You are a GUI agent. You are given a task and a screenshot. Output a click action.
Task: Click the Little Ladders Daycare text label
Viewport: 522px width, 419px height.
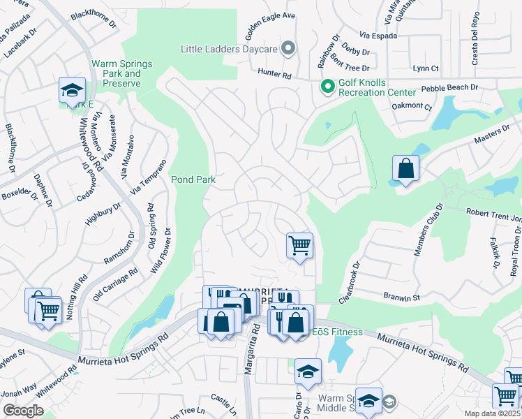pos(230,49)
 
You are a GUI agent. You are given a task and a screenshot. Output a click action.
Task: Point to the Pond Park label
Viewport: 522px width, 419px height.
pos(193,179)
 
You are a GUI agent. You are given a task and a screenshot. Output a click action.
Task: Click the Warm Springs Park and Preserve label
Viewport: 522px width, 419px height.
pos(117,73)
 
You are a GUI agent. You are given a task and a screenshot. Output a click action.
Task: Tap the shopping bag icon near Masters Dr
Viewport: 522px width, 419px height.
pos(406,168)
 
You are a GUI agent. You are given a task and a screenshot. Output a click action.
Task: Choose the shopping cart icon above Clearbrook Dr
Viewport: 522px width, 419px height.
pos(299,245)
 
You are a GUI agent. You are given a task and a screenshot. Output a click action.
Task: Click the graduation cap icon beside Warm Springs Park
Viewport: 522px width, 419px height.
pos(71,90)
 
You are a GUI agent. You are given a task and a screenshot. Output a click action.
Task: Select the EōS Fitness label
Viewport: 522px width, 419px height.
pos(337,332)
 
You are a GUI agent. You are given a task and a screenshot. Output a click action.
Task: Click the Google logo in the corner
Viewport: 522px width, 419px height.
pos(23,411)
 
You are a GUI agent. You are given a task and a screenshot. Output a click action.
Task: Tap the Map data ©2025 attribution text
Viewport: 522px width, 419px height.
pos(493,413)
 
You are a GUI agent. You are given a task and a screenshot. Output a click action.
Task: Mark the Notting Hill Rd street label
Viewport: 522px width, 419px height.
pos(76,297)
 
